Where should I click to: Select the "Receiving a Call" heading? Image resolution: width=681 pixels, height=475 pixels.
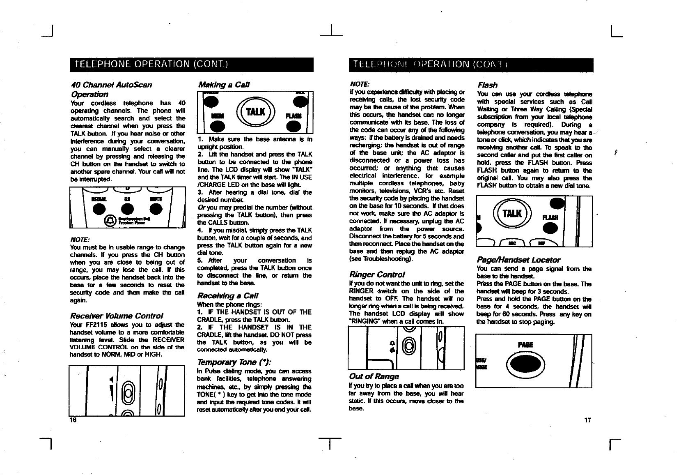pyautogui.click(x=228, y=296)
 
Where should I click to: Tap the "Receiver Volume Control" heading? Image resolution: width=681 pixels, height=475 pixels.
pyautogui.click(x=117, y=316)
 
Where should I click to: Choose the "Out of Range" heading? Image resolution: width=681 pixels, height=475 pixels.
pyautogui.click(x=373, y=376)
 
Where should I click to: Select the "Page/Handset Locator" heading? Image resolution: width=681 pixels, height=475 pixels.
pyautogui.click(x=518, y=260)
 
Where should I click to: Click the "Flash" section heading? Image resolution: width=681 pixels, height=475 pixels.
pyautogui.click(x=487, y=85)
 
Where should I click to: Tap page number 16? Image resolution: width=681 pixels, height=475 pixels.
pyautogui.click(x=73, y=420)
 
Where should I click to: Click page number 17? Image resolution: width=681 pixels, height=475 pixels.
pyautogui.click(x=588, y=420)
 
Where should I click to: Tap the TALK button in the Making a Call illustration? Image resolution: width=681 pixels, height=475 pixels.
pyautogui.click(x=255, y=111)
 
